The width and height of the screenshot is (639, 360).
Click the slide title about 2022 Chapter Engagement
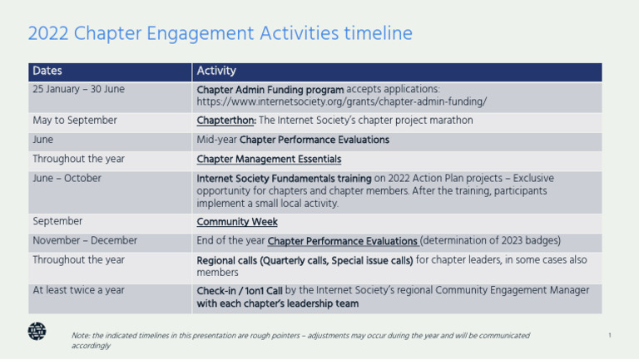click(220, 34)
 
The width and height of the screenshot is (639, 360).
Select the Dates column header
click(47, 72)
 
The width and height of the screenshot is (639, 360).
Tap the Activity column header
click(215, 72)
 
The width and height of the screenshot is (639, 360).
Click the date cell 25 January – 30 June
click(78, 89)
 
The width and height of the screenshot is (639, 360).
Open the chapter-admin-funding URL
click(341, 102)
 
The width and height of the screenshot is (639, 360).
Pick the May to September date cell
click(75, 121)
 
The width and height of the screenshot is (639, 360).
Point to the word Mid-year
click(216, 140)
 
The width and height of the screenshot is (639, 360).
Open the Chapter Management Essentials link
click(269, 159)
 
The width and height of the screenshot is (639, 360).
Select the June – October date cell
click(67, 178)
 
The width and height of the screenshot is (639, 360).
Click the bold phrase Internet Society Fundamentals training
click(283, 178)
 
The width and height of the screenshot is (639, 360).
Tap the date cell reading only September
click(57, 222)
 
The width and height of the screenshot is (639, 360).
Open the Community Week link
click(237, 222)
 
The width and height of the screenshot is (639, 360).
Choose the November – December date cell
click(85, 241)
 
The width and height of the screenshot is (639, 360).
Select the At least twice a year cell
click(78, 290)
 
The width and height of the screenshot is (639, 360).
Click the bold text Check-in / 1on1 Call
click(240, 290)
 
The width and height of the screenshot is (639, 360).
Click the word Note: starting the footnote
click(82, 336)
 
